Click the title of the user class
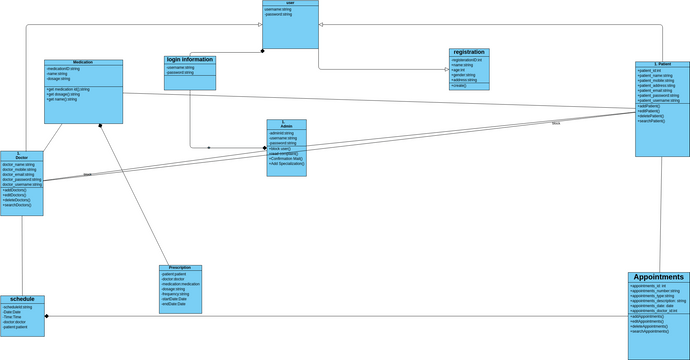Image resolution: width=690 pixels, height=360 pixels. (x=290, y=3)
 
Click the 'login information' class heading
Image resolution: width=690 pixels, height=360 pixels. (x=190, y=60)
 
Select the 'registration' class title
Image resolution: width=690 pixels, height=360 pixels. (x=469, y=52)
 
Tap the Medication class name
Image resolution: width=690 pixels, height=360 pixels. (x=83, y=62)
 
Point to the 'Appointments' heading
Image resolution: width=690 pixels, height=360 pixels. (x=659, y=277)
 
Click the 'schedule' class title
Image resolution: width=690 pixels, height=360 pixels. (x=22, y=299)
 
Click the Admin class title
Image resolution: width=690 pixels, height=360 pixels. (x=286, y=126)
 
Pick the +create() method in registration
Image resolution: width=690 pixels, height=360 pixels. (x=460, y=86)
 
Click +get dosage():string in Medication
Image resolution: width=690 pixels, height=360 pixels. (x=69, y=94)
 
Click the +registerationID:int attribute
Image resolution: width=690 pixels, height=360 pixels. (x=468, y=60)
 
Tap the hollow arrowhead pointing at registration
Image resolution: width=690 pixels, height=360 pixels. (x=446, y=69)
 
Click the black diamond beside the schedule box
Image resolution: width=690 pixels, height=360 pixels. (x=47, y=316)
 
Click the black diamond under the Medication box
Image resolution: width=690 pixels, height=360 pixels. (x=100, y=126)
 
